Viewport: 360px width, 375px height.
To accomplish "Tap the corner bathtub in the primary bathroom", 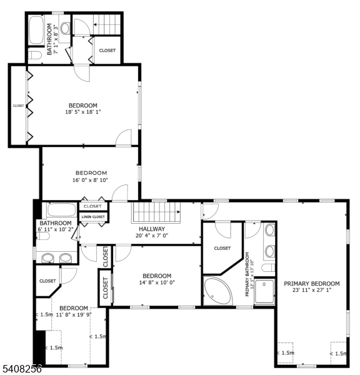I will [x=217, y=291].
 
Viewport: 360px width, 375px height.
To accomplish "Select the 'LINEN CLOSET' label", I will [x=93, y=217].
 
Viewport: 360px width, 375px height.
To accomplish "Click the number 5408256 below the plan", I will [x=21, y=369].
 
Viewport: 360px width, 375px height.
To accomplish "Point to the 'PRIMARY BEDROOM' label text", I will [x=312, y=283].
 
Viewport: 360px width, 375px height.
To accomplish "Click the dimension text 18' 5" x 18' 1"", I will [x=83, y=112].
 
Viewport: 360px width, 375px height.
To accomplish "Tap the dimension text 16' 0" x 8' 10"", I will [x=91, y=180].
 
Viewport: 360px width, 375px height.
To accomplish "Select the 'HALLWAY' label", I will [x=151, y=229].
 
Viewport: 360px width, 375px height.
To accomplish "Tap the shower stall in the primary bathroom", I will [x=264, y=291].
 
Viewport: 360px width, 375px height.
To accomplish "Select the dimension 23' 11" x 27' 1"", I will [x=312, y=290].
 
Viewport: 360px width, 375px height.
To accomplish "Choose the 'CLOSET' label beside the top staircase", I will [x=107, y=51].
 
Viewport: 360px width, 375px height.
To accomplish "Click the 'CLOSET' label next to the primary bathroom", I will [x=222, y=248].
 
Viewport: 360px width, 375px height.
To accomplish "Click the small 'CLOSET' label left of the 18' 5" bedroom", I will [x=18, y=106].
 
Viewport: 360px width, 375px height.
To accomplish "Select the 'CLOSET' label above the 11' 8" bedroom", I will [x=47, y=281].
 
